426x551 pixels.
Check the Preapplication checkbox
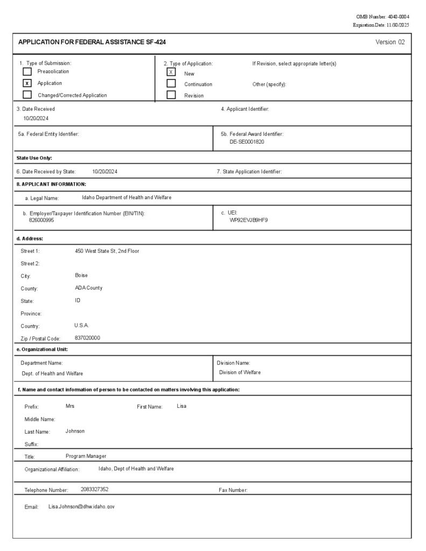coord(27,72)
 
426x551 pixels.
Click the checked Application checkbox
coord(27,83)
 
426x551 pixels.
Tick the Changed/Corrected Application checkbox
coord(27,95)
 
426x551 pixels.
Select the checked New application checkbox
coord(171,72)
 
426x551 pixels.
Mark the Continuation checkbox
coord(171,83)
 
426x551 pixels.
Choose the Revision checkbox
coord(171,95)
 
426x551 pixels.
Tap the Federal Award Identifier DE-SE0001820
coord(247,142)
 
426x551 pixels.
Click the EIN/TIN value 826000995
coord(41,220)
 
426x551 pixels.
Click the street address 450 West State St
coord(107,251)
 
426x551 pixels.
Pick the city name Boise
coord(81,275)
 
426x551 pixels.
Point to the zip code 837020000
coord(87,338)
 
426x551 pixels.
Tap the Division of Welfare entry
coord(240,372)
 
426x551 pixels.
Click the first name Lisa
coord(181,406)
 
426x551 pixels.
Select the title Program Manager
coord(86,456)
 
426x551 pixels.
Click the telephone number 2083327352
coord(94,489)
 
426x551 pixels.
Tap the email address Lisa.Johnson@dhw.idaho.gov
coord(81,507)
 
